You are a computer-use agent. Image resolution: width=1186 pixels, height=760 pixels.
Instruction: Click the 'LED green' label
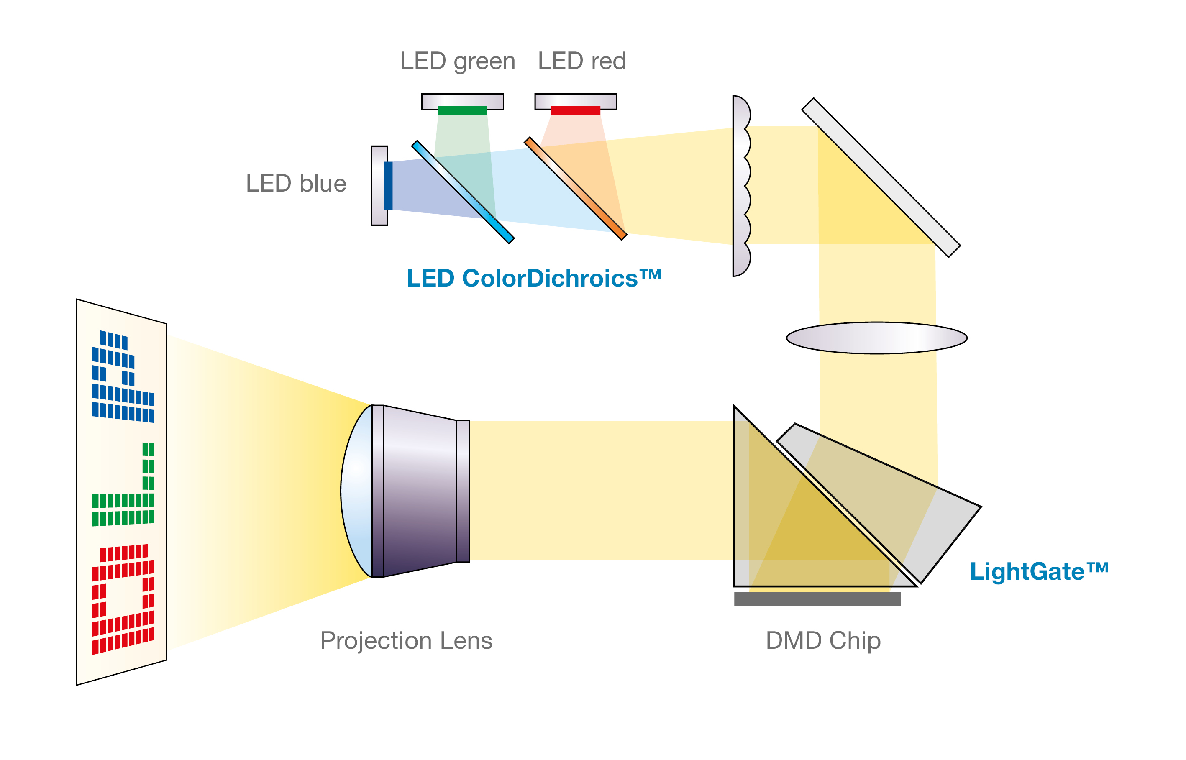(x=458, y=61)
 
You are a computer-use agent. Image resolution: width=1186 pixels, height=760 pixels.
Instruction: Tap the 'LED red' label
(x=581, y=61)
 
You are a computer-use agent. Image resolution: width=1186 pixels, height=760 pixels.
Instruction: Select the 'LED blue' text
(x=296, y=184)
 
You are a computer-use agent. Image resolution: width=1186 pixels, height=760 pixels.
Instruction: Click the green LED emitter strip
(x=462, y=110)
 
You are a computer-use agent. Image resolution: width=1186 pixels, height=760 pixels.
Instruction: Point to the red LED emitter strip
(x=576, y=110)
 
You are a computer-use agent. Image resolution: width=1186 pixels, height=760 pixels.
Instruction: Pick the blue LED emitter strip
(x=388, y=186)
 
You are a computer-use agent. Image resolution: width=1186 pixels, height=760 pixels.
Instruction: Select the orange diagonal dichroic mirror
(x=575, y=189)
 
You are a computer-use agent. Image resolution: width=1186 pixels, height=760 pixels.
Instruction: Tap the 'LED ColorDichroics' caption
(x=533, y=278)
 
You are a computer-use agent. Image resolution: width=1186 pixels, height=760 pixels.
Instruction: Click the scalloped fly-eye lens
(x=740, y=186)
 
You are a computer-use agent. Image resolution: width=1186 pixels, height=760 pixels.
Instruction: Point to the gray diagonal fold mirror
(x=881, y=178)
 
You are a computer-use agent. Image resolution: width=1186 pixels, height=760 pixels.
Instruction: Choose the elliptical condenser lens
(x=876, y=338)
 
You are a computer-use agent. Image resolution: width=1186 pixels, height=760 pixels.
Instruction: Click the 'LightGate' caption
(x=1039, y=571)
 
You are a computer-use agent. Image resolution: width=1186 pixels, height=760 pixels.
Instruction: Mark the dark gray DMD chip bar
(x=817, y=599)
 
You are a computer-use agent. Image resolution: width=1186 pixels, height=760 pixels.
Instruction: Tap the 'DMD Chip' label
(x=823, y=640)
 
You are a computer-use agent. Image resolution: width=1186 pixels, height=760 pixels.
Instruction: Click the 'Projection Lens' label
(x=406, y=640)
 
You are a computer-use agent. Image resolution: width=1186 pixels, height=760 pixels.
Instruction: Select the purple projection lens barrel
(x=420, y=491)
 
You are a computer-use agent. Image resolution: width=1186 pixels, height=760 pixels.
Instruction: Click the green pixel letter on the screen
(x=123, y=486)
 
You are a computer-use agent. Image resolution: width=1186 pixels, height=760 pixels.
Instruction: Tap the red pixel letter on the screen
(x=123, y=600)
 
